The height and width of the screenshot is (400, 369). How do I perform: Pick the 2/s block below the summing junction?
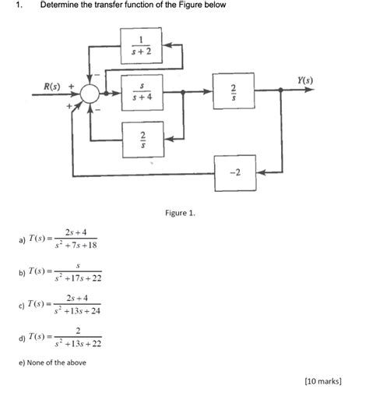[x=142, y=138]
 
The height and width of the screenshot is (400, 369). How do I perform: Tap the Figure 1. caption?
[x=180, y=212]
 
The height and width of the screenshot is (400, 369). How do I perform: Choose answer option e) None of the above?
[x=51, y=362]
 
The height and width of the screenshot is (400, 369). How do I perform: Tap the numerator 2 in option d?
[x=77, y=331]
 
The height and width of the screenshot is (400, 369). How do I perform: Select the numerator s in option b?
[x=77, y=265]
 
